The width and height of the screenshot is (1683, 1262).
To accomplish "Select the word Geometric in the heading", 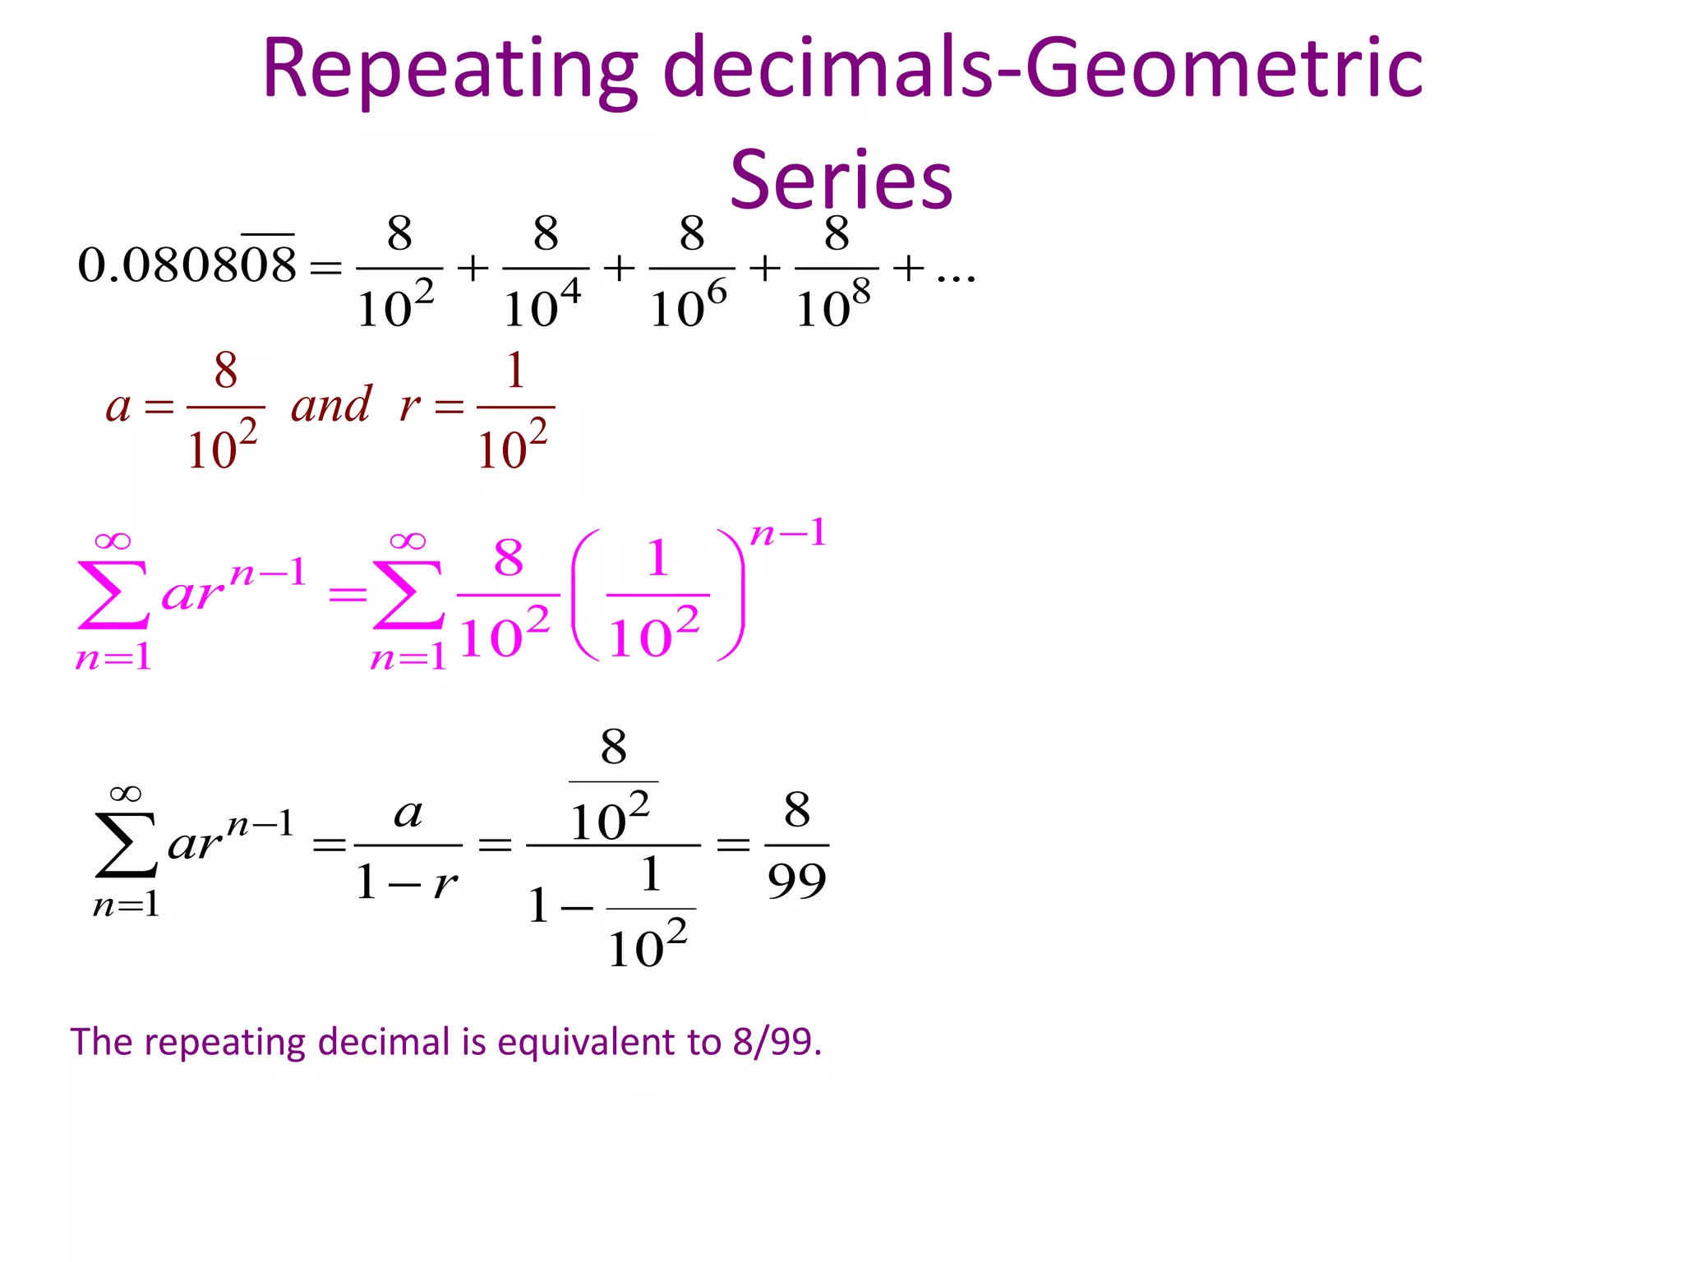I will pyautogui.click(x=1224, y=69).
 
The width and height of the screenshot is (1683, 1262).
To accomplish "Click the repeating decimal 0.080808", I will pyautogui.click(x=187, y=265).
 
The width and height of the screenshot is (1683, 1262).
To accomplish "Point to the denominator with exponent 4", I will pyautogui.click(x=542, y=306).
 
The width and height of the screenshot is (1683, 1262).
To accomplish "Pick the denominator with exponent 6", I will pyautogui.click(x=689, y=306).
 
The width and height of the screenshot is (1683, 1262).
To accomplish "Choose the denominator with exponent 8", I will pyautogui.click(x=833, y=306).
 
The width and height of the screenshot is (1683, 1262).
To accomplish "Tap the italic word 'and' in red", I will pyautogui.click(x=331, y=404).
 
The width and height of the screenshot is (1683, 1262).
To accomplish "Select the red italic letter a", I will pyautogui.click(x=118, y=406).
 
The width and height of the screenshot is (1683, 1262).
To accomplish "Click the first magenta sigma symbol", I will pyautogui.click(x=113, y=595).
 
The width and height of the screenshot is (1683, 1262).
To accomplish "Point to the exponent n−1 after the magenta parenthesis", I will pyautogui.click(x=788, y=533).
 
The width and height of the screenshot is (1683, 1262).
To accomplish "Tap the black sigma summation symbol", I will pyautogui.click(x=125, y=845).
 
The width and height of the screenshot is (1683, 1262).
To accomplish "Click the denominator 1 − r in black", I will pyautogui.click(x=407, y=883).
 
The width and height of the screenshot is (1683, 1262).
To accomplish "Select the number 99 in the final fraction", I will pyautogui.click(x=796, y=882).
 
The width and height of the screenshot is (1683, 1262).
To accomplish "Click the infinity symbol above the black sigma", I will pyautogui.click(x=125, y=794).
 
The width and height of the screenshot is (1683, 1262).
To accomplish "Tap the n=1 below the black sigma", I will pyautogui.click(x=126, y=905).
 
